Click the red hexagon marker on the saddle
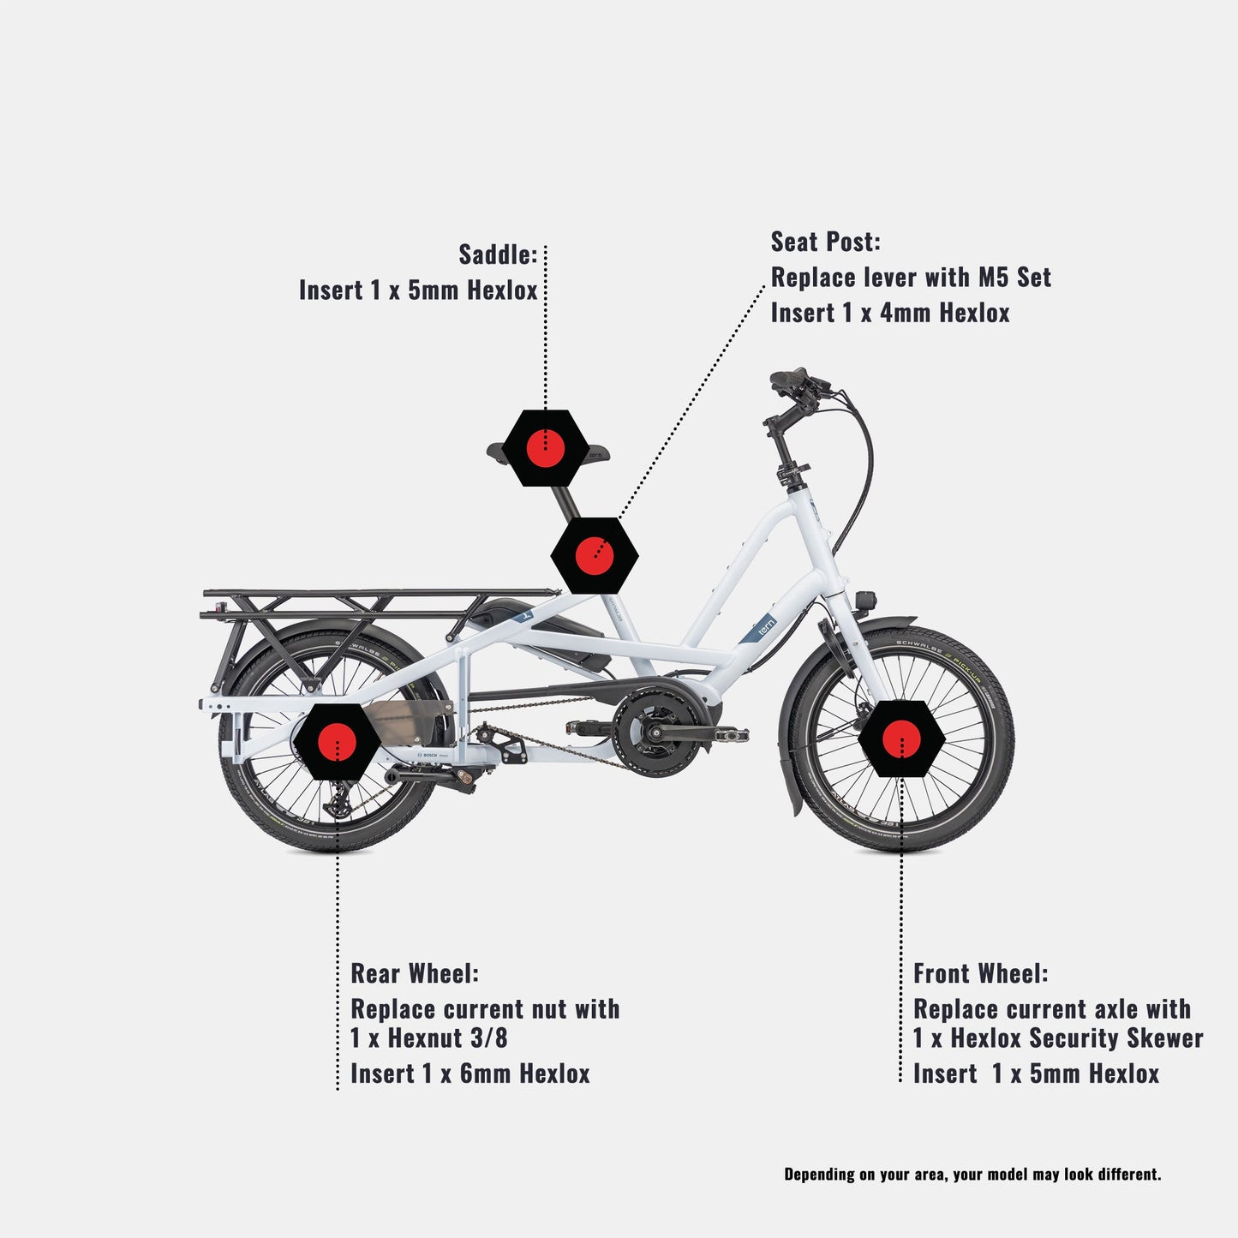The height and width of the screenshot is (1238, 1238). click(x=545, y=448)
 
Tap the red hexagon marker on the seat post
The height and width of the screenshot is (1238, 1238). click(x=595, y=555)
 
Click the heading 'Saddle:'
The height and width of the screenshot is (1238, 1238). click(x=498, y=254)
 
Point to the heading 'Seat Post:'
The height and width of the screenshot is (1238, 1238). click(x=825, y=242)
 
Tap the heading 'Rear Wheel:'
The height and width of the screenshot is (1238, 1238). click(x=415, y=974)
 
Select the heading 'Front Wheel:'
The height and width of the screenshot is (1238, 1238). click(x=980, y=974)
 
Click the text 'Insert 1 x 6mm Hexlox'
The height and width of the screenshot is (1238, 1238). click(x=470, y=1074)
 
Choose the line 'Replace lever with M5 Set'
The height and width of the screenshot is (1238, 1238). click(x=910, y=278)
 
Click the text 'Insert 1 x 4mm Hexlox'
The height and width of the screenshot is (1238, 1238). click(x=890, y=313)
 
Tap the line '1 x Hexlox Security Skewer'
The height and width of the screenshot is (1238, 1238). click(x=1058, y=1038)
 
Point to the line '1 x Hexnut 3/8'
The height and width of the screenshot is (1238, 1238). click(x=429, y=1038)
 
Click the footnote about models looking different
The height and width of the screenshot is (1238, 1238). click(x=972, y=1174)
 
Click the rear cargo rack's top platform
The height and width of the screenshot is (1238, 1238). click(x=377, y=594)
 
